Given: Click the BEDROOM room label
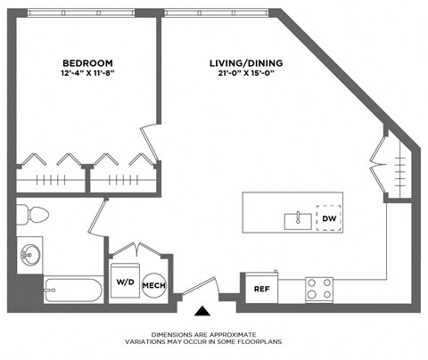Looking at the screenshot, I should [x=87, y=62].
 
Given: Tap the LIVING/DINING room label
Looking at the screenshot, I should [x=247, y=62].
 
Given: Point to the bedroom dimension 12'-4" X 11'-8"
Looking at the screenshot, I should [x=87, y=74].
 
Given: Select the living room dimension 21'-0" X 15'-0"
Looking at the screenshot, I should [x=247, y=74].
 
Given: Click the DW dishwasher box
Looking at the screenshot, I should [x=329, y=217].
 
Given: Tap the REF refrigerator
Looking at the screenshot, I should [x=261, y=288].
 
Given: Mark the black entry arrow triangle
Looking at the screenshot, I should [x=203, y=311].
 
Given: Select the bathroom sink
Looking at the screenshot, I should [x=29, y=256].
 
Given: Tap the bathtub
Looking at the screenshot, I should [x=73, y=290].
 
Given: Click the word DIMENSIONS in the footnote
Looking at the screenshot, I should [x=173, y=333].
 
